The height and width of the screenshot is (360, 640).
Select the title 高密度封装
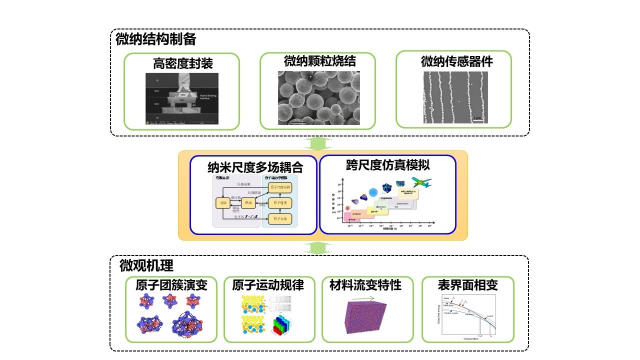(x=182, y=63)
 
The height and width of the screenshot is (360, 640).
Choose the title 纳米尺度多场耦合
(x=255, y=166)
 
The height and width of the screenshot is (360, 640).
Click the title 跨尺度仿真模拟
(x=387, y=164)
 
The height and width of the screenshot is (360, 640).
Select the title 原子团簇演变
(x=171, y=285)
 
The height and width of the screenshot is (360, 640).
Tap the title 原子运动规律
(x=268, y=285)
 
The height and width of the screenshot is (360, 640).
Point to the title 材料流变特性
(x=365, y=285)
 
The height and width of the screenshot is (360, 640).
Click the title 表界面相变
(x=467, y=285)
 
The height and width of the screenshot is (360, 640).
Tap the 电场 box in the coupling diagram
(x=221, y=203)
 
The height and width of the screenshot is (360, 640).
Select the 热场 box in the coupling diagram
(x=248, y=203)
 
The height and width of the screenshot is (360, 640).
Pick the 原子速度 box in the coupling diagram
(x=279, y=202)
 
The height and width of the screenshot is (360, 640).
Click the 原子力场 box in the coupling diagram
(x=279, y=218)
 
